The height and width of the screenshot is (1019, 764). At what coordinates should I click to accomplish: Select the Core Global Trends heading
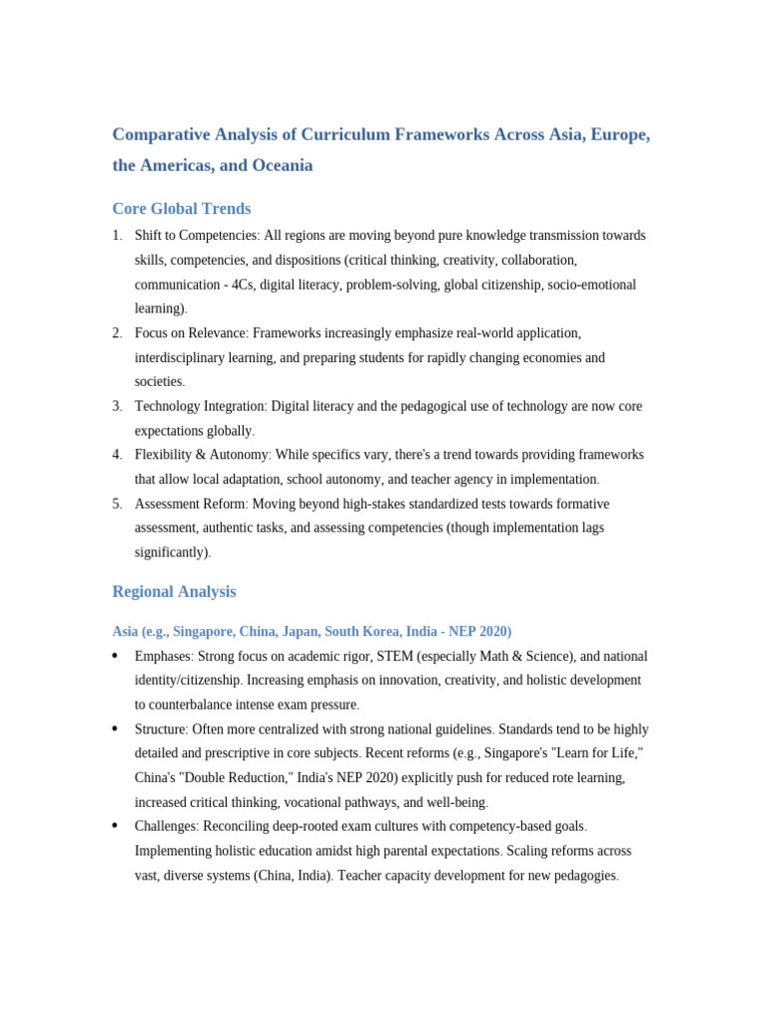(x=181, y=209)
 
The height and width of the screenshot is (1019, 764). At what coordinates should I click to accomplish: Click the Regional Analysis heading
(x=174, y=591)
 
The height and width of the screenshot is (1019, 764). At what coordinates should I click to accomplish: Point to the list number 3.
(x=116, y=406)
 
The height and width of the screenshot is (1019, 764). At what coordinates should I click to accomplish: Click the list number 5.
(x=116, y=504)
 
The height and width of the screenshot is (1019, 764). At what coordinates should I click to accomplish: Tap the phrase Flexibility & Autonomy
(x=202, y=455)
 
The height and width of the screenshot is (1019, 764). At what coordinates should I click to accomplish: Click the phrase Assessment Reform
(x=190, y=504)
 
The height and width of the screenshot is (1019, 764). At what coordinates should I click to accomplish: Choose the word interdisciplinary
(x=183, y=357)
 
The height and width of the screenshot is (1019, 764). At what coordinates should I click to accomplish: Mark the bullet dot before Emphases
(x=115, y=657)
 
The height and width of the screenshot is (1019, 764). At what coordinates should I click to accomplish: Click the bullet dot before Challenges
(x=115, y=827)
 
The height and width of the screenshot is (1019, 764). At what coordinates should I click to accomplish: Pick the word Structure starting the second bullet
(x=160, y=729)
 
